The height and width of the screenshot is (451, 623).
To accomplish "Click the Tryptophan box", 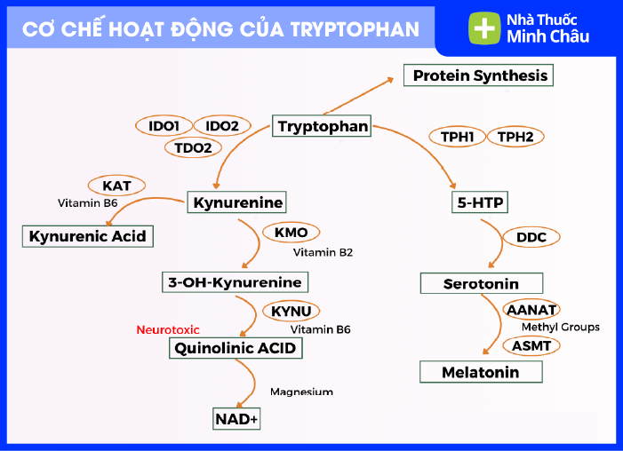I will click(x=323, y=127).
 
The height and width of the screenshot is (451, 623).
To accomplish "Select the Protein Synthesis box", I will click(x=479, y=76).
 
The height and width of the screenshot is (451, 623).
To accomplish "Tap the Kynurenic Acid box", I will click(x=87, y=236).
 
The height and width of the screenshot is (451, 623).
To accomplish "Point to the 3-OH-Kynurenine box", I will click(x=236, y=283).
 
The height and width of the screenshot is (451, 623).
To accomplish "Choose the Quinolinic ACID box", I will click(x=236, y=349).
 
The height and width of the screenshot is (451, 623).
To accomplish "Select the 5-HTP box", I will click(x=480, y=203).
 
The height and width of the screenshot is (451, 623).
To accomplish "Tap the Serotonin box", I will click(x=481, y=284).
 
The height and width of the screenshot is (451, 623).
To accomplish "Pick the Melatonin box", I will click(x=480, y=373).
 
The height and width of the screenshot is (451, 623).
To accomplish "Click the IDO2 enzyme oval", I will click(x=217, y=126).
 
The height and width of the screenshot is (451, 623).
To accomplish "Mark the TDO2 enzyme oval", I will click(x=193, y=147).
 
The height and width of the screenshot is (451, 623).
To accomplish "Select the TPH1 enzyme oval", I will click(x=457, y=137).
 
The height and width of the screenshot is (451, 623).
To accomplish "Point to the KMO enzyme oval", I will click(x=291, y=233).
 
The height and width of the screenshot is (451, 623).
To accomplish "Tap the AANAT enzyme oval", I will click(x=531, y=310).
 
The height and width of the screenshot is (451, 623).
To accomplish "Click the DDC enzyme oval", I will click(x=531, y=237).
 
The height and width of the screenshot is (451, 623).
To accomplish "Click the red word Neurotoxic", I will click(x=167, y=329).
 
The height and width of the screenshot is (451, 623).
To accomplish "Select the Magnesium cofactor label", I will click(x=301, y=392).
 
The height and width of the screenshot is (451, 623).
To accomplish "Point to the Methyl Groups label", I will click(x=560, y=328).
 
